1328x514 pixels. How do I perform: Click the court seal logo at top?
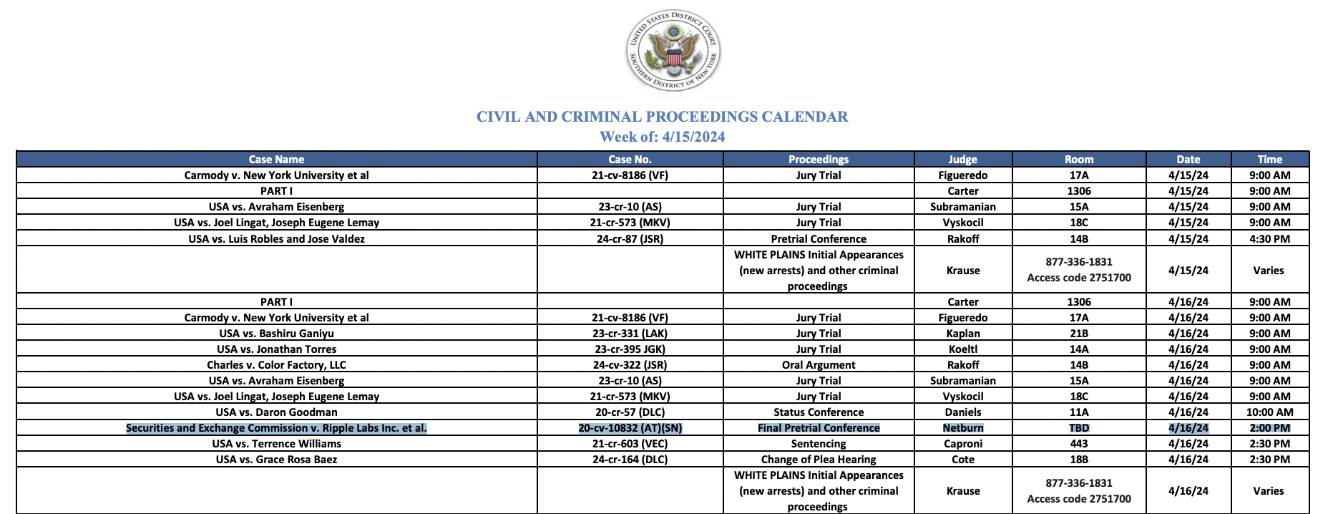(x=673, y=51)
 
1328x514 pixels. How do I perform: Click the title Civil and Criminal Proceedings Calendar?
(x=662, y=117)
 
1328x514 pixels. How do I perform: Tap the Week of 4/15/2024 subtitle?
(x=662, y=137)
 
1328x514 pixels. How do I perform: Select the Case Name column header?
(x=276, y=160)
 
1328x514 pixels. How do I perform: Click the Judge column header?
(x=962, y=160)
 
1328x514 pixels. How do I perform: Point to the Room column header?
(x=1078, y=160)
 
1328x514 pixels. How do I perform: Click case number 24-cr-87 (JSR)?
(x=630, y=239)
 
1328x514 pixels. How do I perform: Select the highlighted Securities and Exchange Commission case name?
(x=276, y=428)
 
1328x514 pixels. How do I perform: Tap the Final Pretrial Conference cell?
(x=819, y=428)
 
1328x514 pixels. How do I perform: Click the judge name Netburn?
(x=962, y=428)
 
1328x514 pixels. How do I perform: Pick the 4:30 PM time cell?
(x=1269, y=239)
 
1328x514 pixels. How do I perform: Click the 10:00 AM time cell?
(x=1269, y=412)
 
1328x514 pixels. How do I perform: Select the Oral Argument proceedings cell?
(x=819, y=365)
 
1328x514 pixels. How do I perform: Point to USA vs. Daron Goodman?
(x=276, y=412)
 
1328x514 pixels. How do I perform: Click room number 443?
(x=1078, y=444)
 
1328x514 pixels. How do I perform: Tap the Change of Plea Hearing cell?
(x=819, y=460)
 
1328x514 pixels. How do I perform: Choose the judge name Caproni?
(x=962, y=444)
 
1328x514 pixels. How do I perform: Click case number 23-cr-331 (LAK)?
(x=630, y=334)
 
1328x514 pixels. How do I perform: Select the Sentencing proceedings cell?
(x=819, y=444)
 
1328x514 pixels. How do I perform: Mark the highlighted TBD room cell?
(x=1078, y=428)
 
